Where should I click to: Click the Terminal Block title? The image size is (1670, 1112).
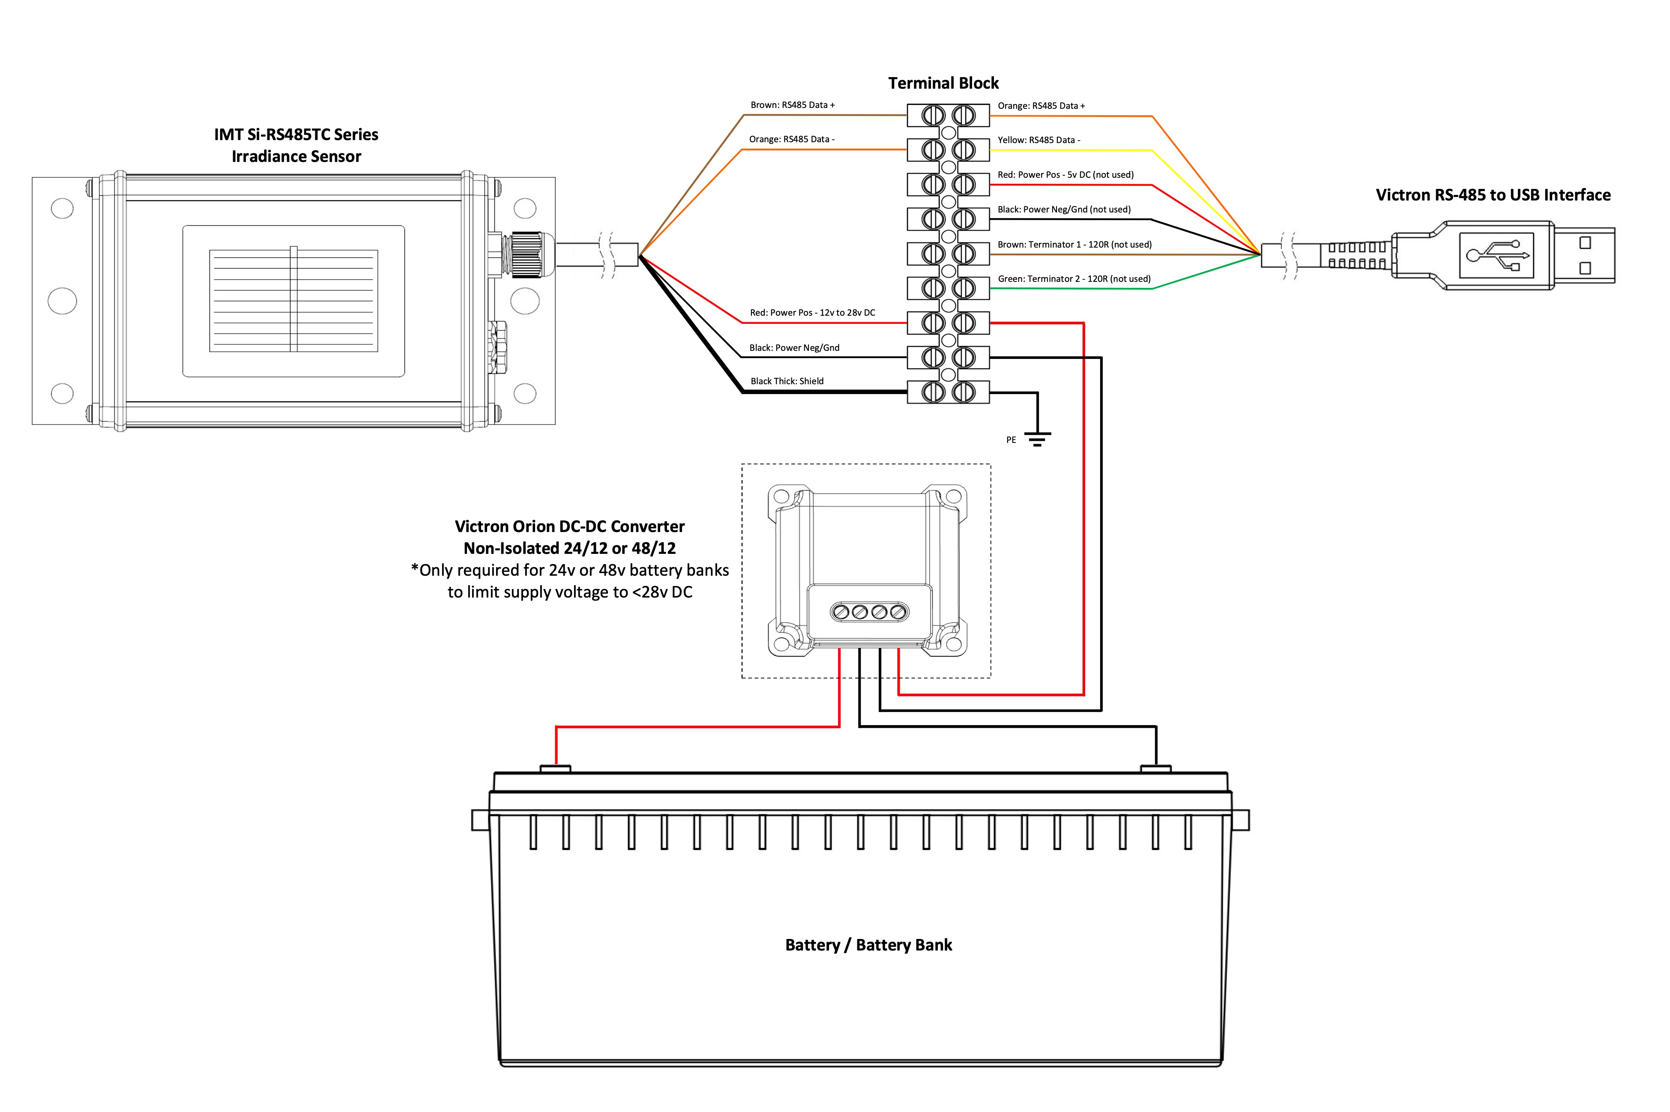click(x=943, y=83)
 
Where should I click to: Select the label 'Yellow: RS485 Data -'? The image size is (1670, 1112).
click(x=1039, y=140)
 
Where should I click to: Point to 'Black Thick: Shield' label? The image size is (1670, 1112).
click(x=787, y=381)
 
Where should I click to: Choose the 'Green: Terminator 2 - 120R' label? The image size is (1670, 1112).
click(x=1074, y=279)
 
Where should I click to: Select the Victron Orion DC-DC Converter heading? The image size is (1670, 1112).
click(x=569, y=526)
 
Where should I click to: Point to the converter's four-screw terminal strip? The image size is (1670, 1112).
click(x=869, y=611)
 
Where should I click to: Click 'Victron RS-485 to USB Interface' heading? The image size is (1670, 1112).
click(x=1493, y=195)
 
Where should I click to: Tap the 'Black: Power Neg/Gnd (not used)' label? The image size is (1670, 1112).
click(x=1064, y=209)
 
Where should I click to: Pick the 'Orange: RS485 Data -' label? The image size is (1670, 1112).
click(x=791, y=139)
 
